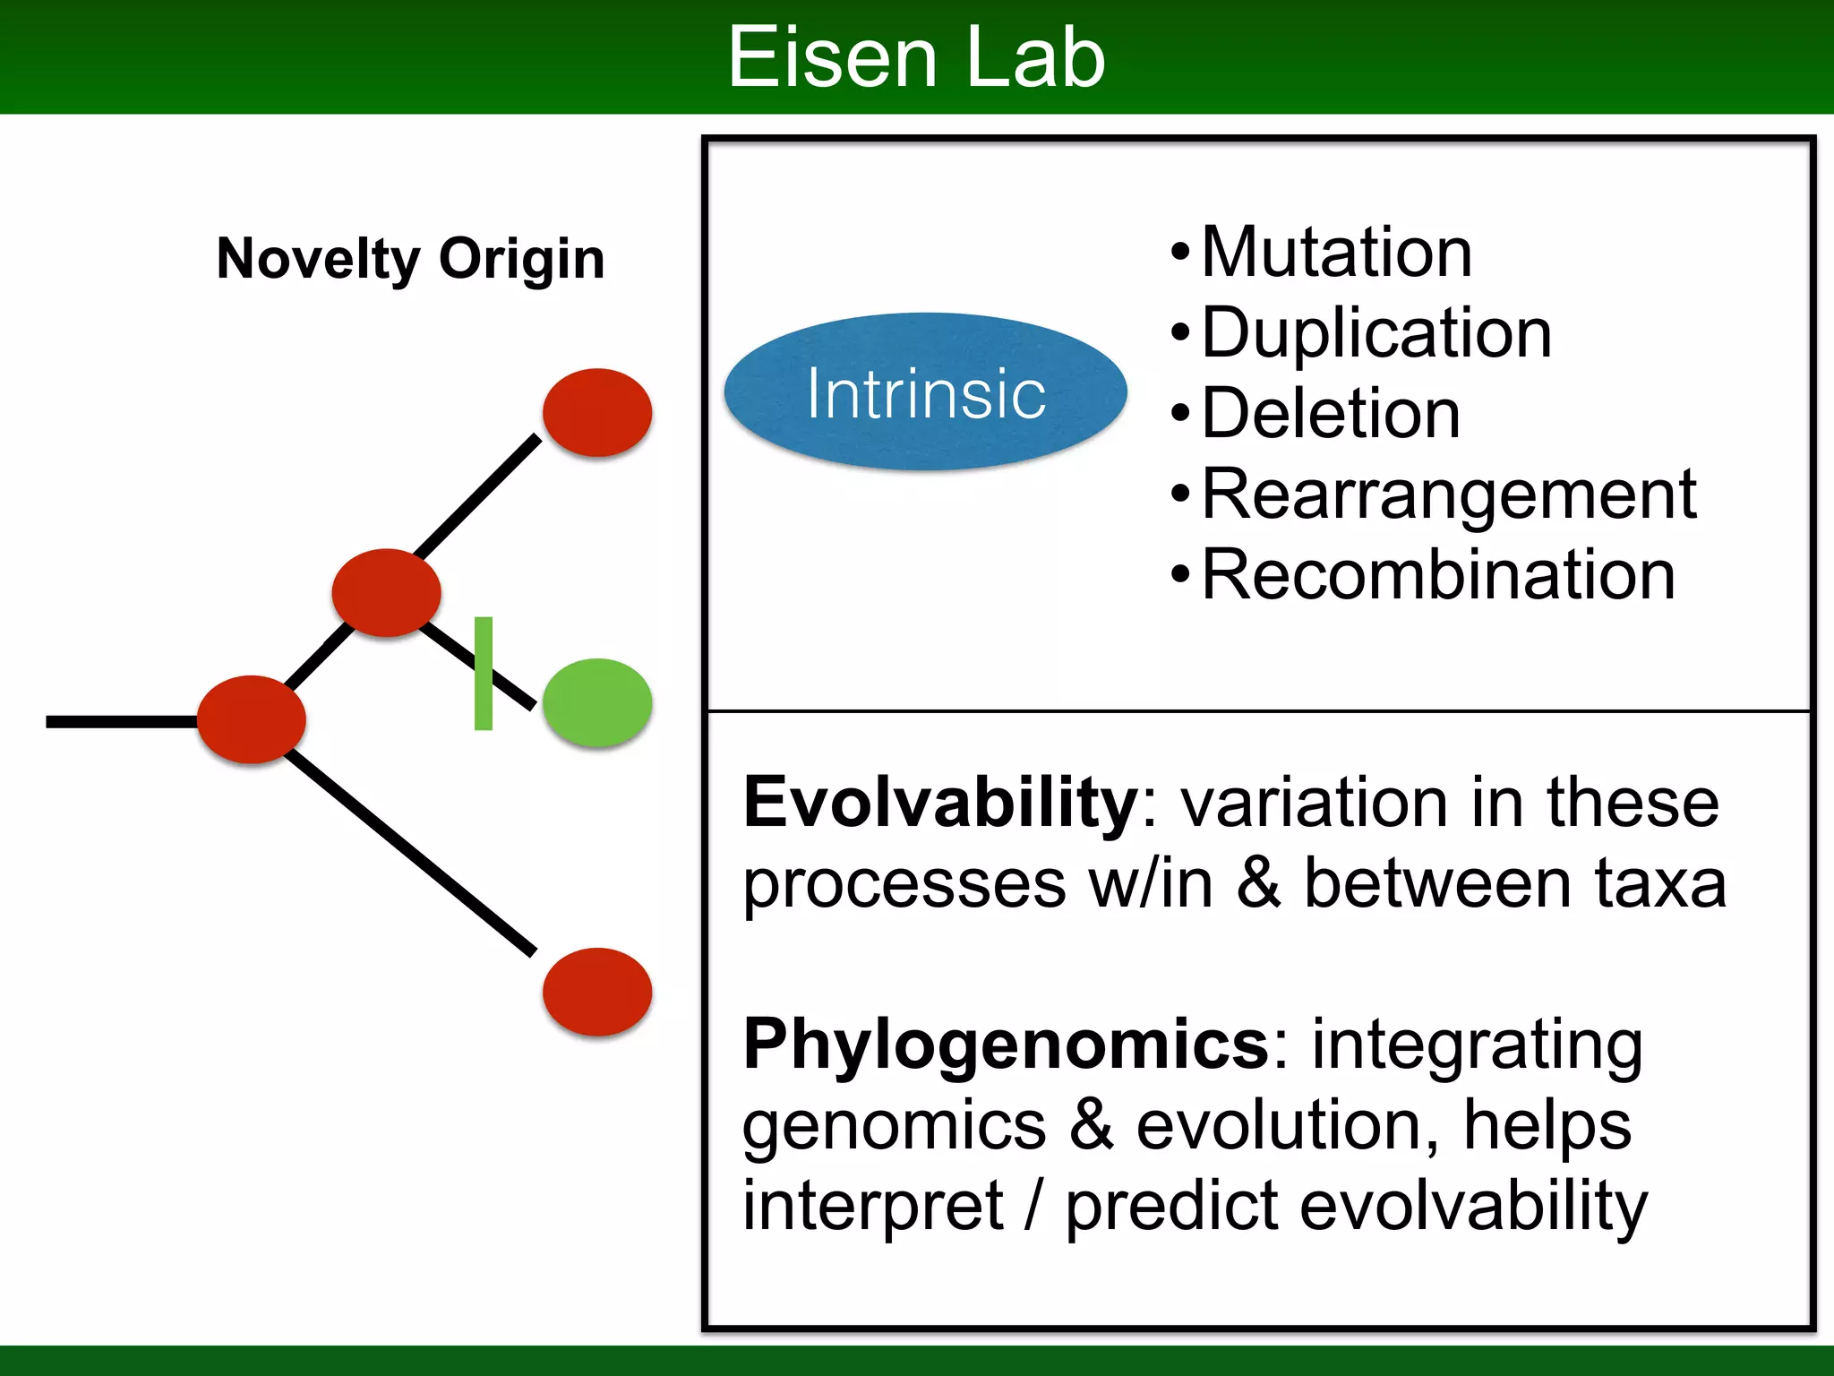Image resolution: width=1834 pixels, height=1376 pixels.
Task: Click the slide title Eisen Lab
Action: click(x=916, y=57)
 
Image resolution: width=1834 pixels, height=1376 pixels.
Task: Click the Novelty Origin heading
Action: click(x=410, y=259)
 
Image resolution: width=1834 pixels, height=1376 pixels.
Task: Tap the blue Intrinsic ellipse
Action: click(x=925, y=392)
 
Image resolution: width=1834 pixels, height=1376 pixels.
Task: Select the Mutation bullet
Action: click(x=1335, y=253)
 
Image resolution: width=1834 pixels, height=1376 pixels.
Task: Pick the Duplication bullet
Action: click(x=1375, y=333)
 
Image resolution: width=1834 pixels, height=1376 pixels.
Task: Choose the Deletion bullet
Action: click(x=1330, y=414)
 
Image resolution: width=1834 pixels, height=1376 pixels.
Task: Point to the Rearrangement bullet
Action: click(x=1448, y=494)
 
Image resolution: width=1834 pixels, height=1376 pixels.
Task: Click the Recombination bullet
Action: click(x=1437, y=575)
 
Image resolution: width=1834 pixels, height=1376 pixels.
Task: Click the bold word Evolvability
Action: click(x=940, y=803)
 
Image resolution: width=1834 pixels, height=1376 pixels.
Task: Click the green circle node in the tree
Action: click(x=597, y=702)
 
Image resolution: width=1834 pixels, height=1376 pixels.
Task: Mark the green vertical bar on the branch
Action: click(x=484, y=673)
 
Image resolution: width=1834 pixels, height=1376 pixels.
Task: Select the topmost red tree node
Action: click(x=597, y=412)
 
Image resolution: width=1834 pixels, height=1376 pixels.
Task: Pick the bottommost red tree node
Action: click(x=597, y=992)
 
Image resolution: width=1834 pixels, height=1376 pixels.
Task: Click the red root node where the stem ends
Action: click(x=252, y=719)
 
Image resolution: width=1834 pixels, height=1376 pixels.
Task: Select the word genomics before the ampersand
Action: click(x=894, y=1126)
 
